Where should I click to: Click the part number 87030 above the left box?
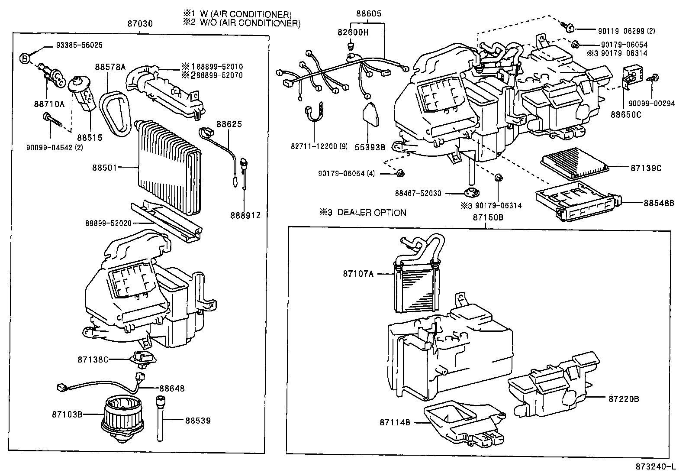pyautogui.click(x=140, y=24)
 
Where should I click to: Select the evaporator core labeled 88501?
pyautogui.click(x=169, y=169)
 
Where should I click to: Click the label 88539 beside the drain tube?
pyautogui.click(x=198, y=420)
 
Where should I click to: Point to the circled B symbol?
pyautogui.click(x=26, y=58)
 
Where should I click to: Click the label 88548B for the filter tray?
pyautogui.click(x=659, y=203)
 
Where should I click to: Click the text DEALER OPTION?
pyautogui.click(x=372, y=213)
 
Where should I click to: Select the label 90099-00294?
pyautogui.click(x=651, y=104)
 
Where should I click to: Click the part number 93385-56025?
pyautogui.click(x=80, y=45)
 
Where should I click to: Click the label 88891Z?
pyautogui.click(x=245, y=215)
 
